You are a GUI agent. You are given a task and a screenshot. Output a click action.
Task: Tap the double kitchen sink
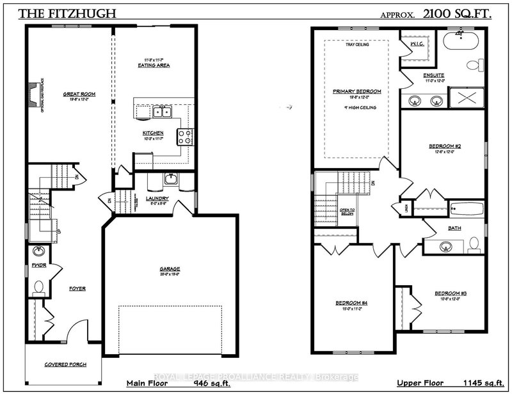click(161, 112)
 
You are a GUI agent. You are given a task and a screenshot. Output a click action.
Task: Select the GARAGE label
click(170, 268)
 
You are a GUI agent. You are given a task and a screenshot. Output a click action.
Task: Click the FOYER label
click(77, 288)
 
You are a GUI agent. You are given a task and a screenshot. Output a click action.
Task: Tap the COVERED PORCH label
click(65, 364)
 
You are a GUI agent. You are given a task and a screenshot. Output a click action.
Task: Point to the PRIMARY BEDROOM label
click(356, 91)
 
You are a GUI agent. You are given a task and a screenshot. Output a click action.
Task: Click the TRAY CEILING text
click(356, 45)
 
